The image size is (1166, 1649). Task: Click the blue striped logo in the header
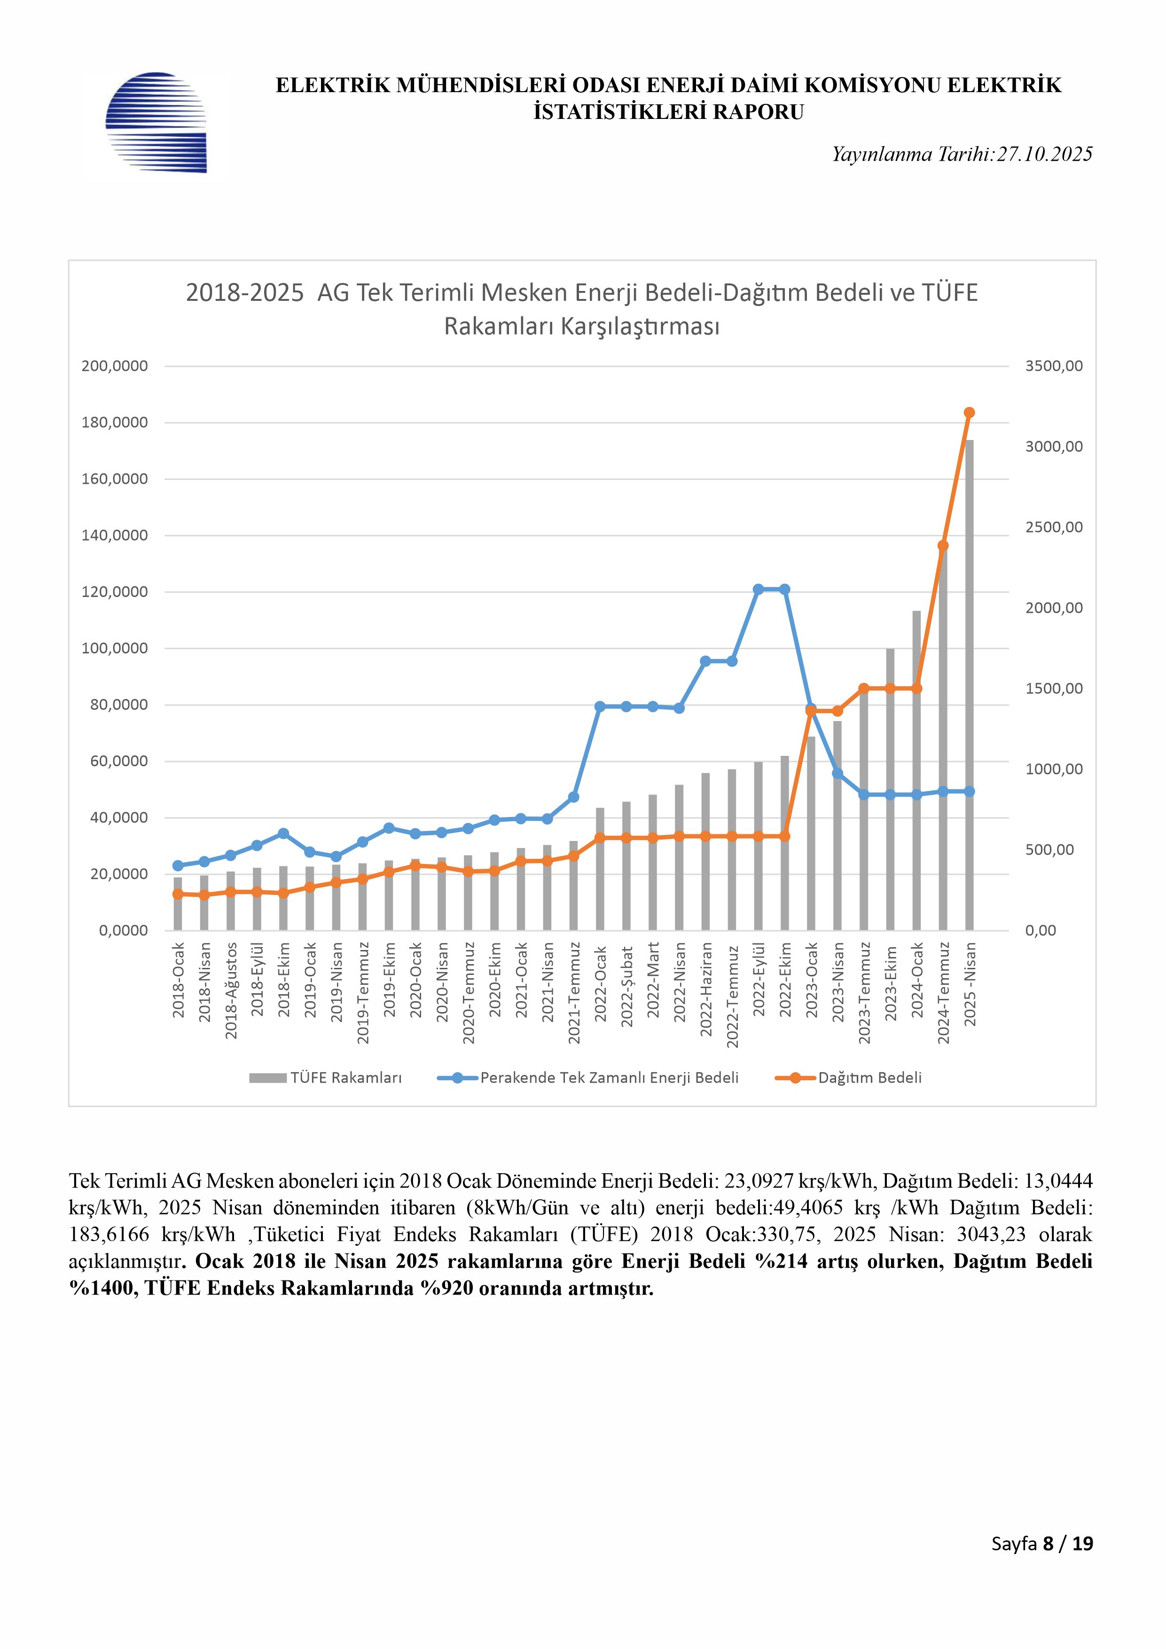point(156,122)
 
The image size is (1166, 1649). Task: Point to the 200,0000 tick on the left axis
point(114,366)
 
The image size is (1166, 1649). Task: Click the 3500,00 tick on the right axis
point(1053,366)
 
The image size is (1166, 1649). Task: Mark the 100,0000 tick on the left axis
point(114,649)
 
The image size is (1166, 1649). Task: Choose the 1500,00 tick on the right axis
point(1053,689)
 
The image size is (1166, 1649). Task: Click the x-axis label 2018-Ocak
point(179,981)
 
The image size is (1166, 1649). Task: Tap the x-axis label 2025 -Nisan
point(970,984)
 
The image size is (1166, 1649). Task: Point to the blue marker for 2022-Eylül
point(758,589)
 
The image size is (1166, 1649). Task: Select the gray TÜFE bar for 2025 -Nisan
point(969,682)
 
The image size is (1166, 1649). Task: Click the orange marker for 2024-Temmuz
point(943,546)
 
